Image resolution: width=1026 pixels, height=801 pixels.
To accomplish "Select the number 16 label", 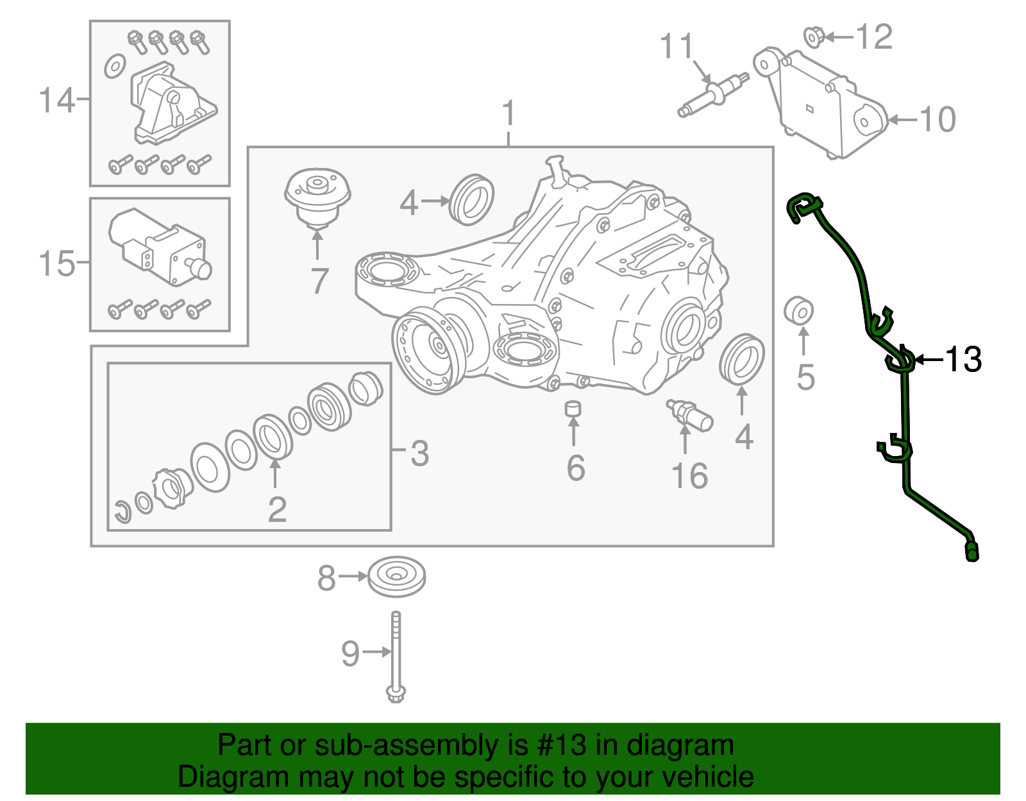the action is [689, 476].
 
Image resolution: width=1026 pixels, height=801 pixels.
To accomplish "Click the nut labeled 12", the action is [814, 37].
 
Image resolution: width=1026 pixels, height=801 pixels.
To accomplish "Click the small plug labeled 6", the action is [573, 409].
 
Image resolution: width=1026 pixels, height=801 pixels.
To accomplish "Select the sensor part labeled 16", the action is [689, 415].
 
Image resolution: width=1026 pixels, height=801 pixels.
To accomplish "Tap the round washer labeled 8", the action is [396, 577].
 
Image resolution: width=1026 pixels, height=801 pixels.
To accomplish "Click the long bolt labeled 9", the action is [396, 657].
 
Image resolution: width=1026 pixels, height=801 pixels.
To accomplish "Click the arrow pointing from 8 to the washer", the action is [352, 577].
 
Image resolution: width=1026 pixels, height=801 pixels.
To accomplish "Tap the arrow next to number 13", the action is [929, 360].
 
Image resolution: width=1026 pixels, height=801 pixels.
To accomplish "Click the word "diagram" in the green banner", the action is [680, 746].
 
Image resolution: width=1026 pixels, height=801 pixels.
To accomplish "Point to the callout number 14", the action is [56, 100].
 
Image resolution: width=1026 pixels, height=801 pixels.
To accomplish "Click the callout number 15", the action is [56, 263].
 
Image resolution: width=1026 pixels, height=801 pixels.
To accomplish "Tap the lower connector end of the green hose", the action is [971, 552].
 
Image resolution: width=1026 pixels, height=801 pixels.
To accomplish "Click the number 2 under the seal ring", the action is [277, 510].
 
